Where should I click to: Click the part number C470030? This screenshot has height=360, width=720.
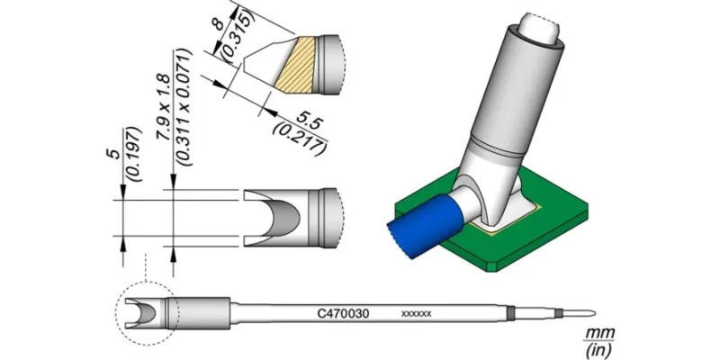click(x=342, y=314)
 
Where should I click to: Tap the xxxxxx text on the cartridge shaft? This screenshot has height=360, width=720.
click(x=416, y=314)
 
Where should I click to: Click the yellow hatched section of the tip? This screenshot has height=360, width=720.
click(x=297, y=63)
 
